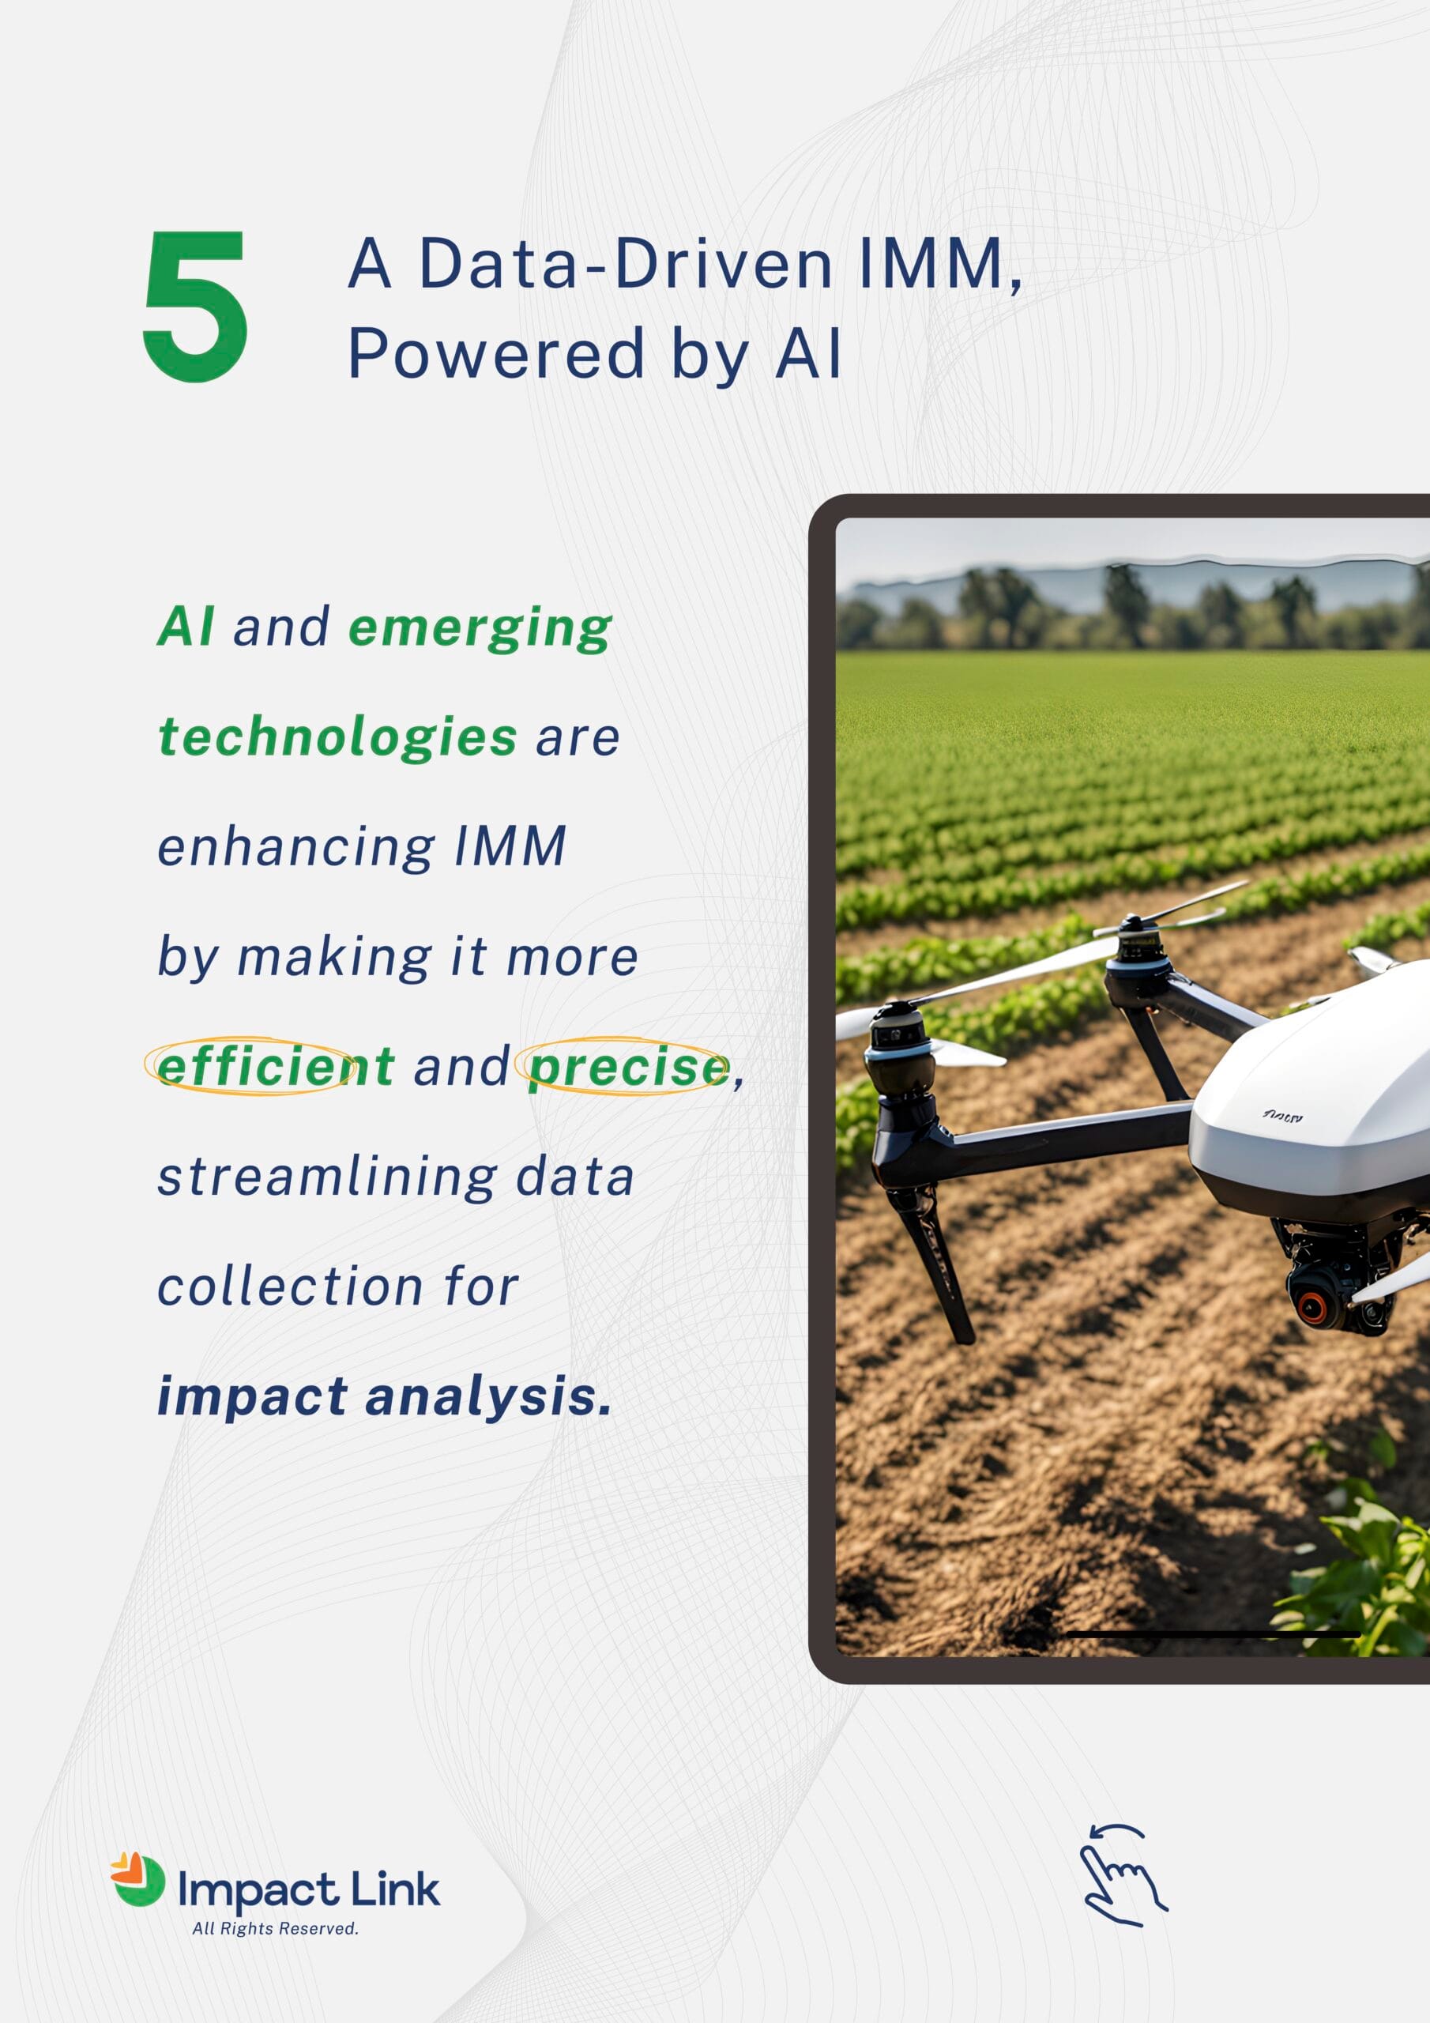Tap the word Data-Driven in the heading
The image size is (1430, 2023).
[x=625, y=263]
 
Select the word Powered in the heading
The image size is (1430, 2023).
[x=497, y=354]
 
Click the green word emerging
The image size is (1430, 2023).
[x=480, y=629]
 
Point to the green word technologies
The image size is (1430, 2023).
[x=337, y=737]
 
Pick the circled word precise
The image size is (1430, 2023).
[x=628, y=1067]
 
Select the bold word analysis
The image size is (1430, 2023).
[x=488, y=1396]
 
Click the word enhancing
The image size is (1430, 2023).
[x=296, y=846]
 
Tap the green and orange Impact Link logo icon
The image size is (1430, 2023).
[x=137, y=1880]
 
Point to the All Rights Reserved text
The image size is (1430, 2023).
[x=275, y=1929]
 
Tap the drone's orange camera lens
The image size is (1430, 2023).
[x=1311, y=1307]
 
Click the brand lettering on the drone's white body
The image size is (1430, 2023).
[x=1282, y=1117]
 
